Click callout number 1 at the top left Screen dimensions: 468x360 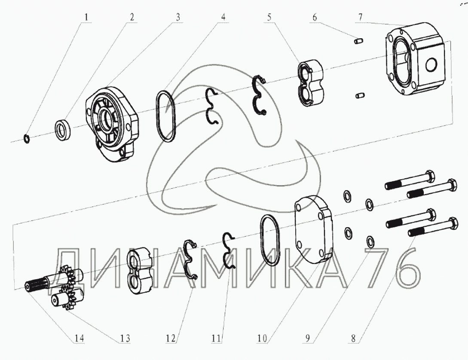click(86, 17)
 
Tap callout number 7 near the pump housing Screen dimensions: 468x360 click(360, 17)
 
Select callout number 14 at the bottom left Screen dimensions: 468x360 click(80, 338)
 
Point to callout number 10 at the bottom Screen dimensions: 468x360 click(262, 338)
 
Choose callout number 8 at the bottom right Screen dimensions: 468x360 click(353, 338)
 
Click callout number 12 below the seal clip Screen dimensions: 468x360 click(171, 338)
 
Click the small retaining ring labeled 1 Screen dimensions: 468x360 click(26, 138)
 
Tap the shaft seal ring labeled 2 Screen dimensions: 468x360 click(63, 129)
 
